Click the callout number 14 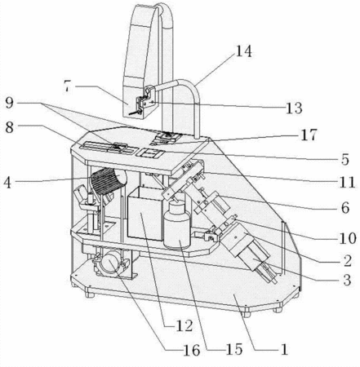click(243, 51)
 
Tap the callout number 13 click(294, 108)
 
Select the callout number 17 click(309, 135)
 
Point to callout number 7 click(67, 86)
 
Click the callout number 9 click(10, 103)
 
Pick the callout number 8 click(10, 127)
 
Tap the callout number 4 click(7, 183)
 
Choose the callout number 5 click(345, 160)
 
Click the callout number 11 click(348, 183)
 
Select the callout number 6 click(345, 208)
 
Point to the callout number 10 click(348, 238)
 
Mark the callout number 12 click(184, 325)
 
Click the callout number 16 click(192, 350)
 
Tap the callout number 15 click(234, 349)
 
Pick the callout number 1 click(284, 349)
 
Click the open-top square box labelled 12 click(145, 214)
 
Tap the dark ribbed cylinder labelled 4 click(109, 181)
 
